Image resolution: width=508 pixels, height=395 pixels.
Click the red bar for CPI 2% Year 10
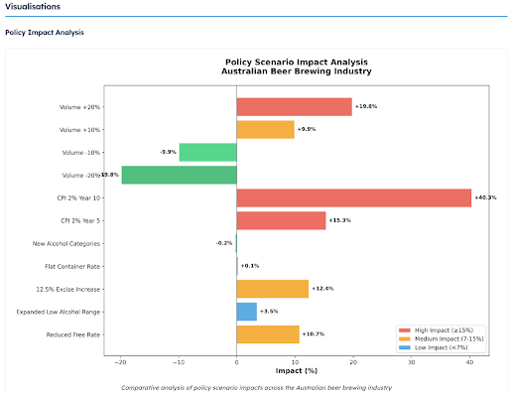pos(353,197)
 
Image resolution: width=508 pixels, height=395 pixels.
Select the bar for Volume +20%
pos(294,106)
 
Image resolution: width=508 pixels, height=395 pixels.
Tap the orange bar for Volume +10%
pos(265,129)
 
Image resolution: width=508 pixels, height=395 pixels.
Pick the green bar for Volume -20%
pos(179,175)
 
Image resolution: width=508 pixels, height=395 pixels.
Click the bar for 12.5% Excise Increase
pos(272,289)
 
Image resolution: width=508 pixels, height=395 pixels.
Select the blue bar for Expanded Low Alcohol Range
pos(246,312)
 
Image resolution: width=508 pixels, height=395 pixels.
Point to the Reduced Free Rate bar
pos(267,334)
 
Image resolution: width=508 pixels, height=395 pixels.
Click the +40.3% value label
pos(485,197)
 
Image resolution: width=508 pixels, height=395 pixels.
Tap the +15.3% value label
pos(339,220)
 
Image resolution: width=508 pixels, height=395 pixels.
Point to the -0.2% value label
pos(224,243)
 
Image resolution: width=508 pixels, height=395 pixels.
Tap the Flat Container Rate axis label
pos(73,266)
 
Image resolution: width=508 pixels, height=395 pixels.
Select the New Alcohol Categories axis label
pos(68,243)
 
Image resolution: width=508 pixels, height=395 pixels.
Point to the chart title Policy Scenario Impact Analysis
pos(296,61)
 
